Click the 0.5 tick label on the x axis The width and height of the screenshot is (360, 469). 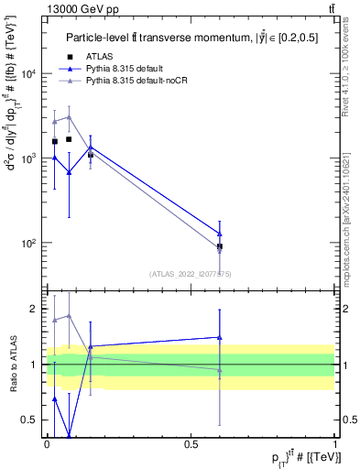point(191,444)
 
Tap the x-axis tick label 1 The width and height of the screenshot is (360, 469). point(335,444)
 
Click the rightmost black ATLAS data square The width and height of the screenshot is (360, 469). point(220,246)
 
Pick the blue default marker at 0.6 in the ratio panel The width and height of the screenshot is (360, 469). point(220,337)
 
